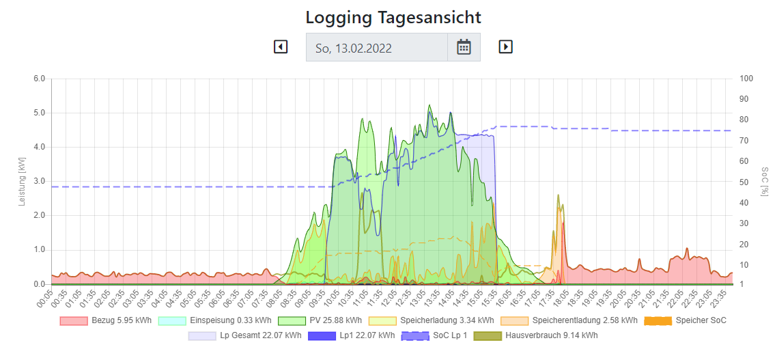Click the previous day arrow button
tap(281, 47)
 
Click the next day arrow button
tap(505, 47)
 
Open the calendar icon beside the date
tap(464, 47)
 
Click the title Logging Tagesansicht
tap(393, 17)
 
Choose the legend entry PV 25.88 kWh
tap(320, 320)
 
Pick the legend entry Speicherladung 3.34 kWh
tap(431, 320)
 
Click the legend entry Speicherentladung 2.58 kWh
tap(569, 320)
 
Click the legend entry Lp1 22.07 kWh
tap(350, 336)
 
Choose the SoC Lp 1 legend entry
tap(434, 336)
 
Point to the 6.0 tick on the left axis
tap(39, 79)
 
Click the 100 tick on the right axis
tap(746, 79)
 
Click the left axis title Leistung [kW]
tap(23, 182)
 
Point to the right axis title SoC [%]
tap(764, 181)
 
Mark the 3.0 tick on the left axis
tap(39, 181)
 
